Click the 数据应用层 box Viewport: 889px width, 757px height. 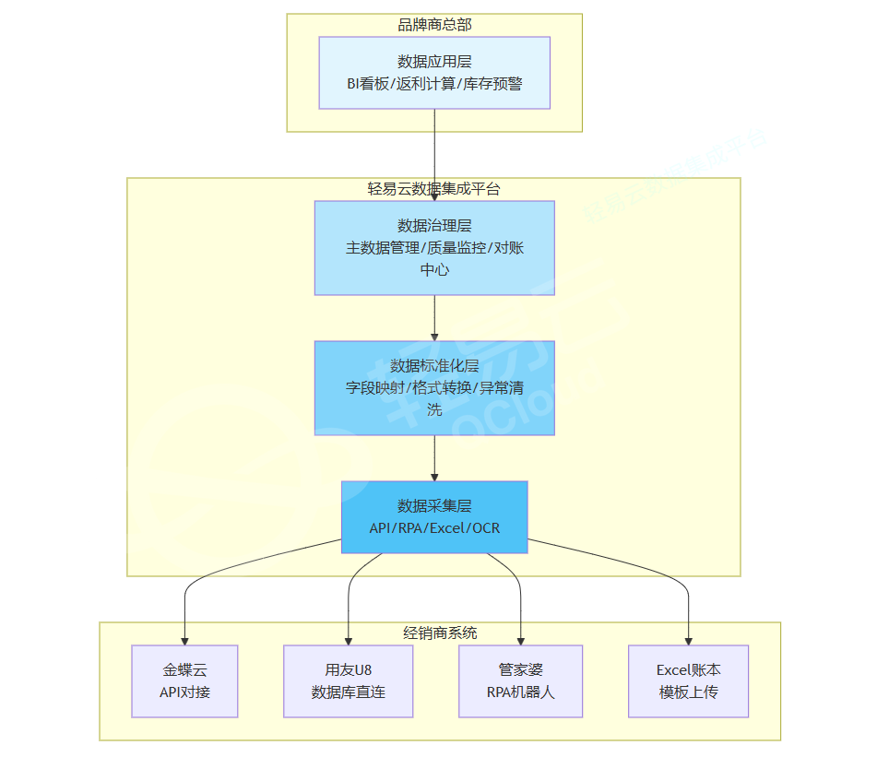click(434, 73)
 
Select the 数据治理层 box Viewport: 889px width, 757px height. click(434, 247)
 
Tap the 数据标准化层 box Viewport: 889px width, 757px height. click(434, 387)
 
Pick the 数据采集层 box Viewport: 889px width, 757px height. click(434, 516)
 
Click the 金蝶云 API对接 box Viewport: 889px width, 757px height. click(184, 680)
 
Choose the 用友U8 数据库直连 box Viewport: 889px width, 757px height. click(349, 680)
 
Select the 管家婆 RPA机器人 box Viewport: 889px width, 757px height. click(521, 680)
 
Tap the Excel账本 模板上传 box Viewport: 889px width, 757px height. click(688, 680)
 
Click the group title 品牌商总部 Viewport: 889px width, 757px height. click(434, 25)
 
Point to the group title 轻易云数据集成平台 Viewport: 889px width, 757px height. click(434, 189)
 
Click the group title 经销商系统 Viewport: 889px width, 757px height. click(441, 633)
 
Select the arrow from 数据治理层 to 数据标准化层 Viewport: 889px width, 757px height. click(434, 318)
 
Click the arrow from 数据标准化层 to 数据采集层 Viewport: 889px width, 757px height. click(434, 458)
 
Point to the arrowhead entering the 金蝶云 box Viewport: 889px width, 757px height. click(184, 639)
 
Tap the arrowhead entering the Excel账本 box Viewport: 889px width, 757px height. click(688, 639)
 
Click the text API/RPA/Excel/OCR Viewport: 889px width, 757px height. click(434, 528)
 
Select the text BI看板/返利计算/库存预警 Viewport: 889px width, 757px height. click(434, 84)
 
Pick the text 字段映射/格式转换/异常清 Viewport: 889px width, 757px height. click(434, 388)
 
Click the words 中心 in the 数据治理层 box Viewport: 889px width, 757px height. click(434, 270)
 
